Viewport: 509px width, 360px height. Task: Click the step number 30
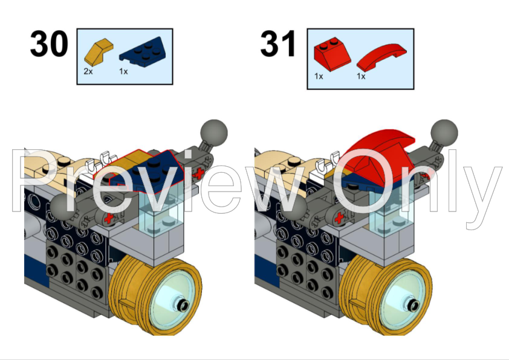click(x=49, y=43)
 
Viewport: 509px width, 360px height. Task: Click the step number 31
click(x=279, y=43)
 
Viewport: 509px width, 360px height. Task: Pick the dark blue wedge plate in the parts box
click(x=143, y=51)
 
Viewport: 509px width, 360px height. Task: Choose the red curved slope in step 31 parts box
click(x=381, y=57)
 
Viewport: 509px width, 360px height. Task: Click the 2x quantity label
click(x=88, y=71)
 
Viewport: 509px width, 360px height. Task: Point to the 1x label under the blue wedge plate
click(x=123, y=71)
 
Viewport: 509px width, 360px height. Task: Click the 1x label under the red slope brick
click(x=319, y=76)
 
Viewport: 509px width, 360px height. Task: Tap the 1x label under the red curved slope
click(x=361, y=76)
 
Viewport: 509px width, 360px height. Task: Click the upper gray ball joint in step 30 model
click(x=214, y=132)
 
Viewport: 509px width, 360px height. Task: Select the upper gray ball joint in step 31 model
click(x=444, y=132)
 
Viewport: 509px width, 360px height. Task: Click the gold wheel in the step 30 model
click(x=155, y=295)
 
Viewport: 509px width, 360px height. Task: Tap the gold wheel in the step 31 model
click(x=385, y=295)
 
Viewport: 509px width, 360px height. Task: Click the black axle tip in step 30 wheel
click(x=183, y=305)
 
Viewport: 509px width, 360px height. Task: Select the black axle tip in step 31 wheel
click(x=413, y=305)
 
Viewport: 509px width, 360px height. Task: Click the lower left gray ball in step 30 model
click(x=63, y=207)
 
